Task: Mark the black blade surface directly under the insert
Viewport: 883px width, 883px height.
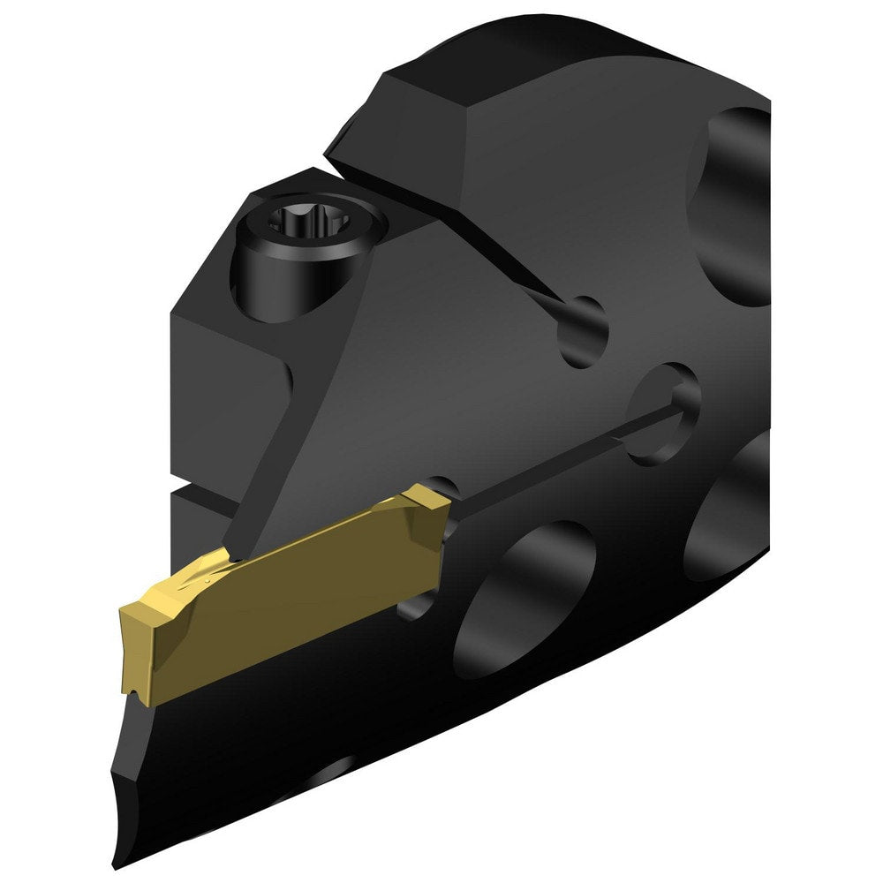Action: coord(265,706)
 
